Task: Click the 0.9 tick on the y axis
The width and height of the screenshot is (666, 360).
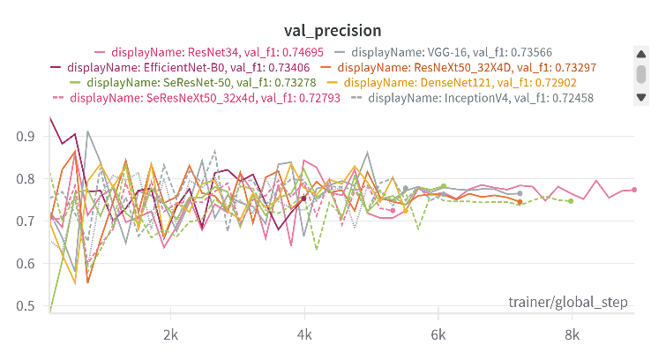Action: (x=26, y=137)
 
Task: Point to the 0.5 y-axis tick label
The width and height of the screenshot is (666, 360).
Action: (x=26, y=306)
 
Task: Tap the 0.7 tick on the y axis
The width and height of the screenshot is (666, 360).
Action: (x=26, y=221)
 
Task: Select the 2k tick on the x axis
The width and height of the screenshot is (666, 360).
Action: (x=171, y=335)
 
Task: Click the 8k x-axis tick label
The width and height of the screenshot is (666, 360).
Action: (x=572, y=335)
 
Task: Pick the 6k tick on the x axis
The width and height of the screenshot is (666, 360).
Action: (x=438, y=335)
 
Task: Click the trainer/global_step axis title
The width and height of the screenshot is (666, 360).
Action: (x=568, y=303)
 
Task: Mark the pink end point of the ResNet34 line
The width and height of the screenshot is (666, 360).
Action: (x=634, y=190)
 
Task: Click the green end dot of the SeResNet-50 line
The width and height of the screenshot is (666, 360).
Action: (x=571, y=201)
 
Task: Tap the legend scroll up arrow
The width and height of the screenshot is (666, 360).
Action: (x=641, y=54)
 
